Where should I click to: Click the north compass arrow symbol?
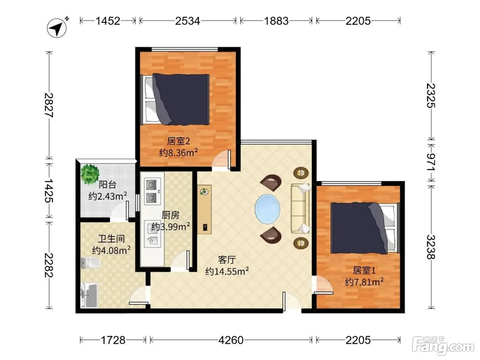tap(57, 28)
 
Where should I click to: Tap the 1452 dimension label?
tap(108, 21)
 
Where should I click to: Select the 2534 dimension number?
tap(188, 21)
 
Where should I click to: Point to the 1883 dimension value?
tap(276, 21)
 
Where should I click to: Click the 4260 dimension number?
tap(231, 340)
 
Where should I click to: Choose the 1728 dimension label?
tap(113, 340)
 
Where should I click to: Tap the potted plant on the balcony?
tap(90, 174)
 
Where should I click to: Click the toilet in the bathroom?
tap(90, 263)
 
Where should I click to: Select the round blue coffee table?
tap(267, 209)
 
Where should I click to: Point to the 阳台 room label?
tap(107, 185)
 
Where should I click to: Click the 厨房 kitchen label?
tap(170, 215)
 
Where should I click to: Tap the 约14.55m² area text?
tap(227, 271)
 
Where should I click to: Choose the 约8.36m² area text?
tap(178, 152)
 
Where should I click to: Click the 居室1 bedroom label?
tap(364, 271)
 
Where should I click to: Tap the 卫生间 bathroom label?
tap(111, 239)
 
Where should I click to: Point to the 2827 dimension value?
tap(49, 105)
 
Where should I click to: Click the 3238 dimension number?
tap(431, 247)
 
